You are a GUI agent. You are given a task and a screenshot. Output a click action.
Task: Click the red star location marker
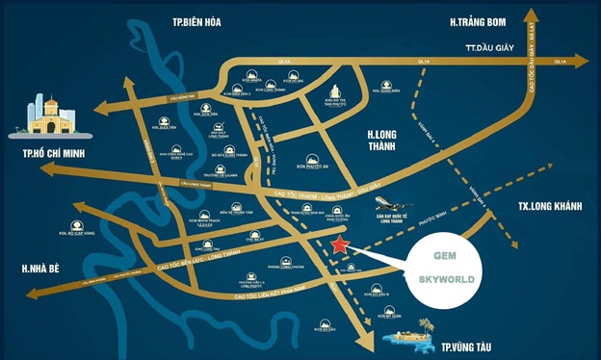tap(338, 245)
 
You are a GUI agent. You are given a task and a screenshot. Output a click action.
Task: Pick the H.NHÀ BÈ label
tap(31, 269)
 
